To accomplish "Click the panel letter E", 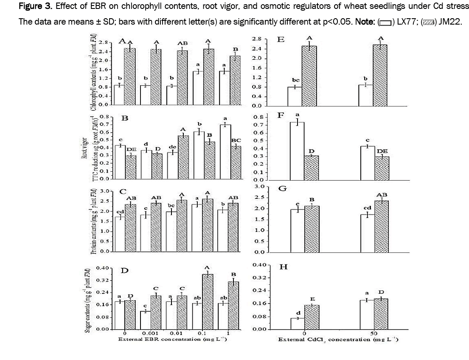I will pos(281,40).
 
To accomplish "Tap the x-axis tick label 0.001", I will pos(152,334).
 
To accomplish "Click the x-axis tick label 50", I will pos(374,334).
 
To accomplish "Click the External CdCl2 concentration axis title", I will pos(338,340).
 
